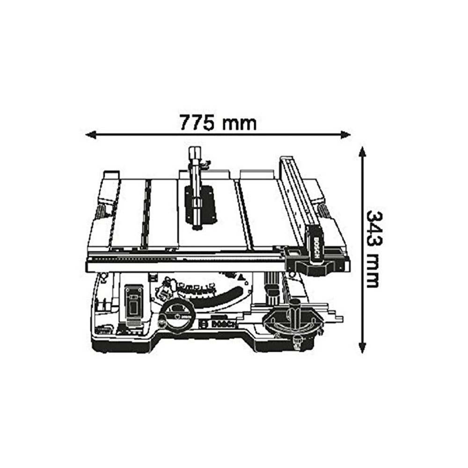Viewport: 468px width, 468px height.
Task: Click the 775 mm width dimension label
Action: (x=218, y=123)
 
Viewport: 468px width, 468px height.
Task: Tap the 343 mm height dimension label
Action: (x=373, y=249)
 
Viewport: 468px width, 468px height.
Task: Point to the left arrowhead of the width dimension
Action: (x=91, y=135)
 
